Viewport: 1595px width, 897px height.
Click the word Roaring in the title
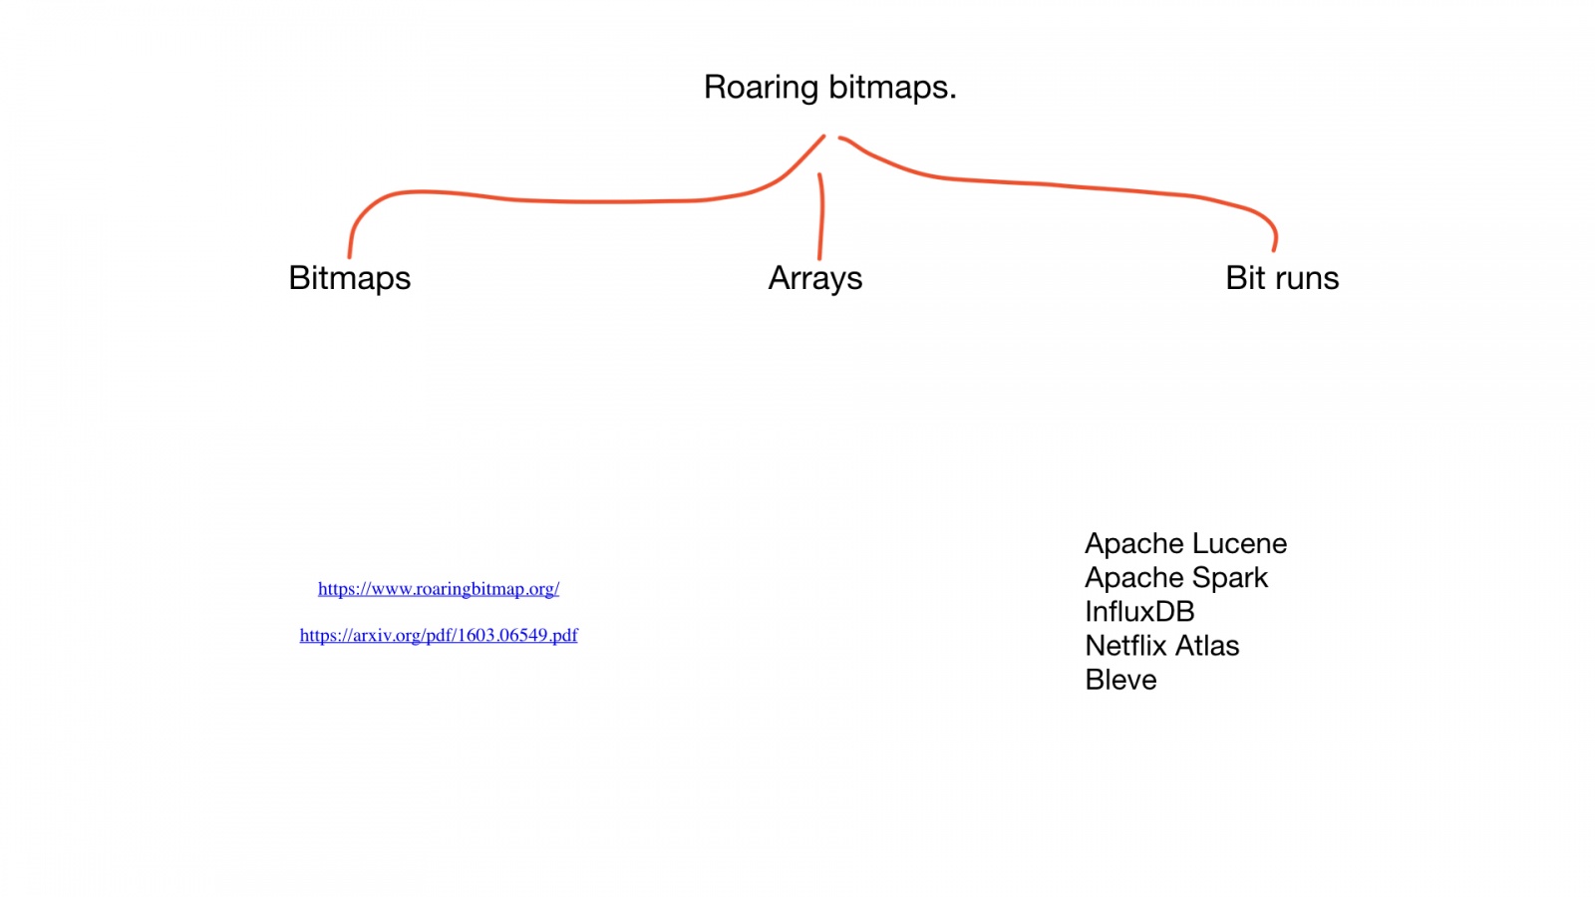click(761, 88)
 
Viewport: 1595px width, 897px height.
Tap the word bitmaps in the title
click(888, 88)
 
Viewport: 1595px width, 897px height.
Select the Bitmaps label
click(349, 278)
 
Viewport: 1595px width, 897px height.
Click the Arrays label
click(814, 278)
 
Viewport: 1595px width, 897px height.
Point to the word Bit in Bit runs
click(1245, 278)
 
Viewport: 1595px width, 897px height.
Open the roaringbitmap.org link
click(439, 589)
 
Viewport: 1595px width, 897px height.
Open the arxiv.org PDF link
click(439, 635)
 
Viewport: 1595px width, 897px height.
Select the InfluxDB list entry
click(1139, 612)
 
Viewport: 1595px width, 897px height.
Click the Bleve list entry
click(1120, 680)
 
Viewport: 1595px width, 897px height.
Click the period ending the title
click(952, 98)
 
